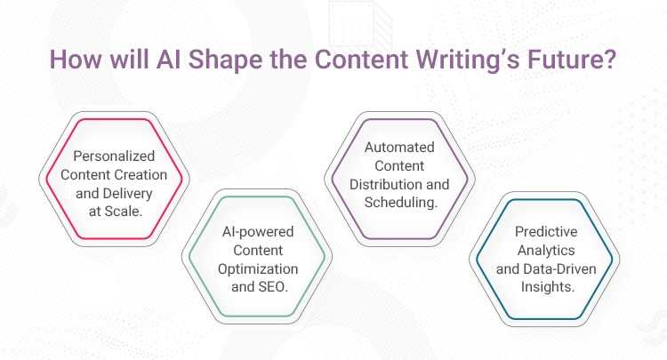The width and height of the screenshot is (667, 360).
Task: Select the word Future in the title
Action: [x=567, y=62]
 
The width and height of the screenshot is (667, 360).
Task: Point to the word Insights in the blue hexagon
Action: [x=544, y=284]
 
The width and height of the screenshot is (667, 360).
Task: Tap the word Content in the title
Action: [x=361, y=62]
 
